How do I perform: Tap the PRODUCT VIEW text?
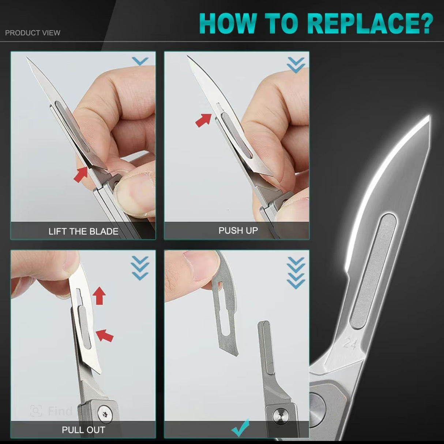tap(33, 33)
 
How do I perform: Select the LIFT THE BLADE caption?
tap(83, 232)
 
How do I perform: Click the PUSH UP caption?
tap(238, 230)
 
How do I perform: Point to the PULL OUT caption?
tap(83, 430)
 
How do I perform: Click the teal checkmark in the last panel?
tap(241, 427)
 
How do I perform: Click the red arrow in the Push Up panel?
tap(204, 120)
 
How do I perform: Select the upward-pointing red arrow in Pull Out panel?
tap(99, 296)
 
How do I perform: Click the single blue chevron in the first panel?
tap(140, 61)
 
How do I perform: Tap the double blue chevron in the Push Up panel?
tap(296, 65)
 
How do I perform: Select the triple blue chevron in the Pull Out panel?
tap(140, 268)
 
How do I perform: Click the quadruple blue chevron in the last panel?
tap(296, 273)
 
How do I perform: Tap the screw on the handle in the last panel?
tap(280, 416)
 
